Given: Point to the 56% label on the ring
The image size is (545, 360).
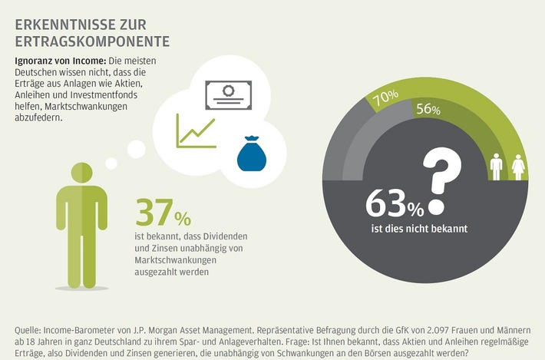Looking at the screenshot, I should click(x=428, y=111).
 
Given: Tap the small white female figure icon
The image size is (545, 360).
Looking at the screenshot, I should click(x=517, y=165).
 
